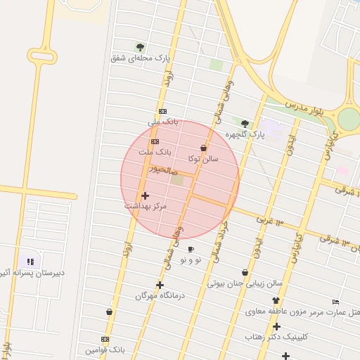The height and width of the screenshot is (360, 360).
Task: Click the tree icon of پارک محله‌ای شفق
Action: [x=140, y=47]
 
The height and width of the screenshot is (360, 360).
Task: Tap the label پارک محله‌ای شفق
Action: [x=141, y=58]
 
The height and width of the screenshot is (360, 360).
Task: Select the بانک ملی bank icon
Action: [x=162, y=111]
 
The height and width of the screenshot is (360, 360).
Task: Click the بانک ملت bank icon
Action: [x=155, y=141]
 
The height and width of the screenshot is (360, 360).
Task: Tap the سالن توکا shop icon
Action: [x=204, y=148]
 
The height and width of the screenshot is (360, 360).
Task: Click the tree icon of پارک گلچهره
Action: [x=245, y=124]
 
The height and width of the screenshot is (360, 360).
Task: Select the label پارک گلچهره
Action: [x=245, y=134]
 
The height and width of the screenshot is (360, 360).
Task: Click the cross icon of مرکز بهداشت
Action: [x=145, y=195]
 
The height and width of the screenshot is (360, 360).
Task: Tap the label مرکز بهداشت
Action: [x=146, y=206]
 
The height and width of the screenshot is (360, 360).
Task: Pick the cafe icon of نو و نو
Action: [x=191, y=249]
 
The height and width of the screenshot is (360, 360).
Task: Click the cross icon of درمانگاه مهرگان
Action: [x=160, y=285]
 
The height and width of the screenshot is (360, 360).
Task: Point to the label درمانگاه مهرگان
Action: [x=160, y=296]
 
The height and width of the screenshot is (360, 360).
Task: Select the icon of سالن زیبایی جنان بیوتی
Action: [x=245, y=272]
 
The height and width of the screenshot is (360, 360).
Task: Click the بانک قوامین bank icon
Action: [x=105, y=339]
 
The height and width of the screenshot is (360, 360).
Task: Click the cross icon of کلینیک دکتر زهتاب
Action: [x=276, y=326]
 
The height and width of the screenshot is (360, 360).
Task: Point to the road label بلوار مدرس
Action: [x=306, y=105]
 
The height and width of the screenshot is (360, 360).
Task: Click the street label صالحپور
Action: [x=163, y=170]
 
